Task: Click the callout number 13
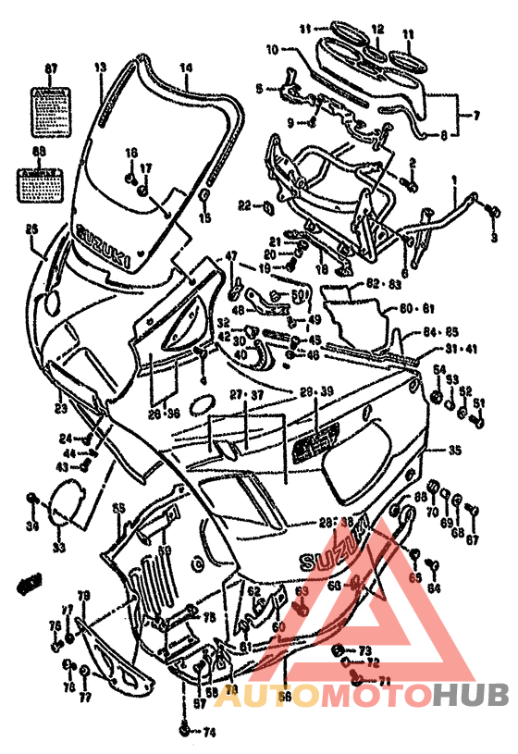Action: [x=101, y=67]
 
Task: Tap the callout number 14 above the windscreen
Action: [x=185, y=67]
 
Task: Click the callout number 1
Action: [x=454, y=178]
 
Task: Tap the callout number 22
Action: [x=244, y=204]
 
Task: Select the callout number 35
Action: [x=454, y=451]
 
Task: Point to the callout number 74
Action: [x=210, y=733]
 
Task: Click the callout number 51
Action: [x=479, y=403]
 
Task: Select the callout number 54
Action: [x=439, y=370]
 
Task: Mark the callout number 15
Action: [x=205, y=217]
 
